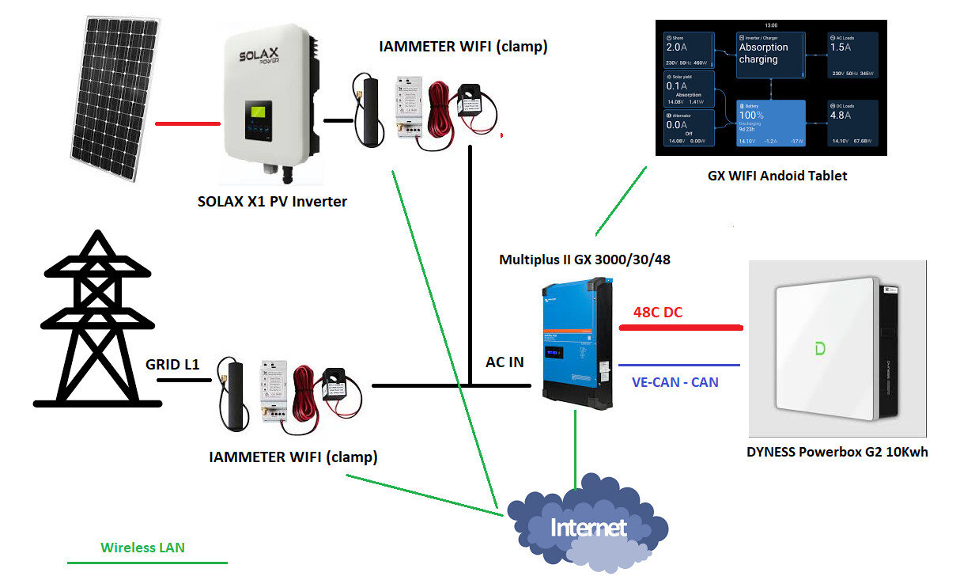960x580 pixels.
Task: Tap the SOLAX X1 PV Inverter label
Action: [272, 202]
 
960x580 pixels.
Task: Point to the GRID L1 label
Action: [172, 365]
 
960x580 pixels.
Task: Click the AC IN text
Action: [505, 362]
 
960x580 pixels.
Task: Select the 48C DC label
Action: [658, 313]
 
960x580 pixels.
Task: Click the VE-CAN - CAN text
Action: [675, 382]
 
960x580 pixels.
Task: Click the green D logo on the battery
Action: [819, 348]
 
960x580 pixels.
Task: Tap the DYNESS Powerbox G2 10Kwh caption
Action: [837, 453]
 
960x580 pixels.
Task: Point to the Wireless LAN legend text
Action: [142, 547]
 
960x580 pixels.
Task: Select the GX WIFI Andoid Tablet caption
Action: [777, 176]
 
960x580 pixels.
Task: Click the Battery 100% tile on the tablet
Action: [770, 123]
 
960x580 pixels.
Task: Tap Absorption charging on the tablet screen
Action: [769, 54]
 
